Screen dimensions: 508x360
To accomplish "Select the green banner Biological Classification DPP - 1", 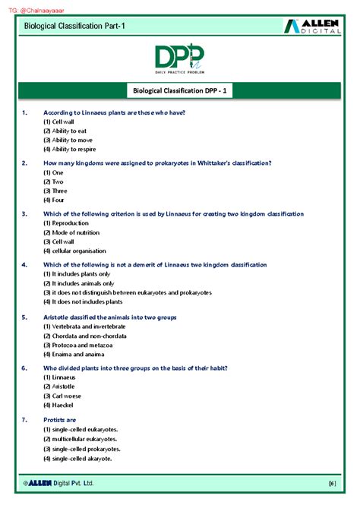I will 179,92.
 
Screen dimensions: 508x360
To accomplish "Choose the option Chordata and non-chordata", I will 84,335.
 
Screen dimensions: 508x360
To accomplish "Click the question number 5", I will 24,316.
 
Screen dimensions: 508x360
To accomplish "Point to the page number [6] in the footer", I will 332,484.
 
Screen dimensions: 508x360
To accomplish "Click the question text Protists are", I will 60,419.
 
